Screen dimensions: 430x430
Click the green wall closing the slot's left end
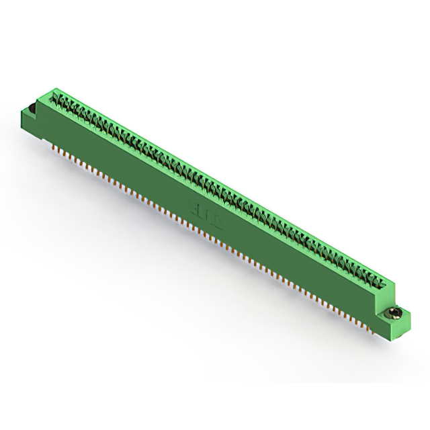53,95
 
